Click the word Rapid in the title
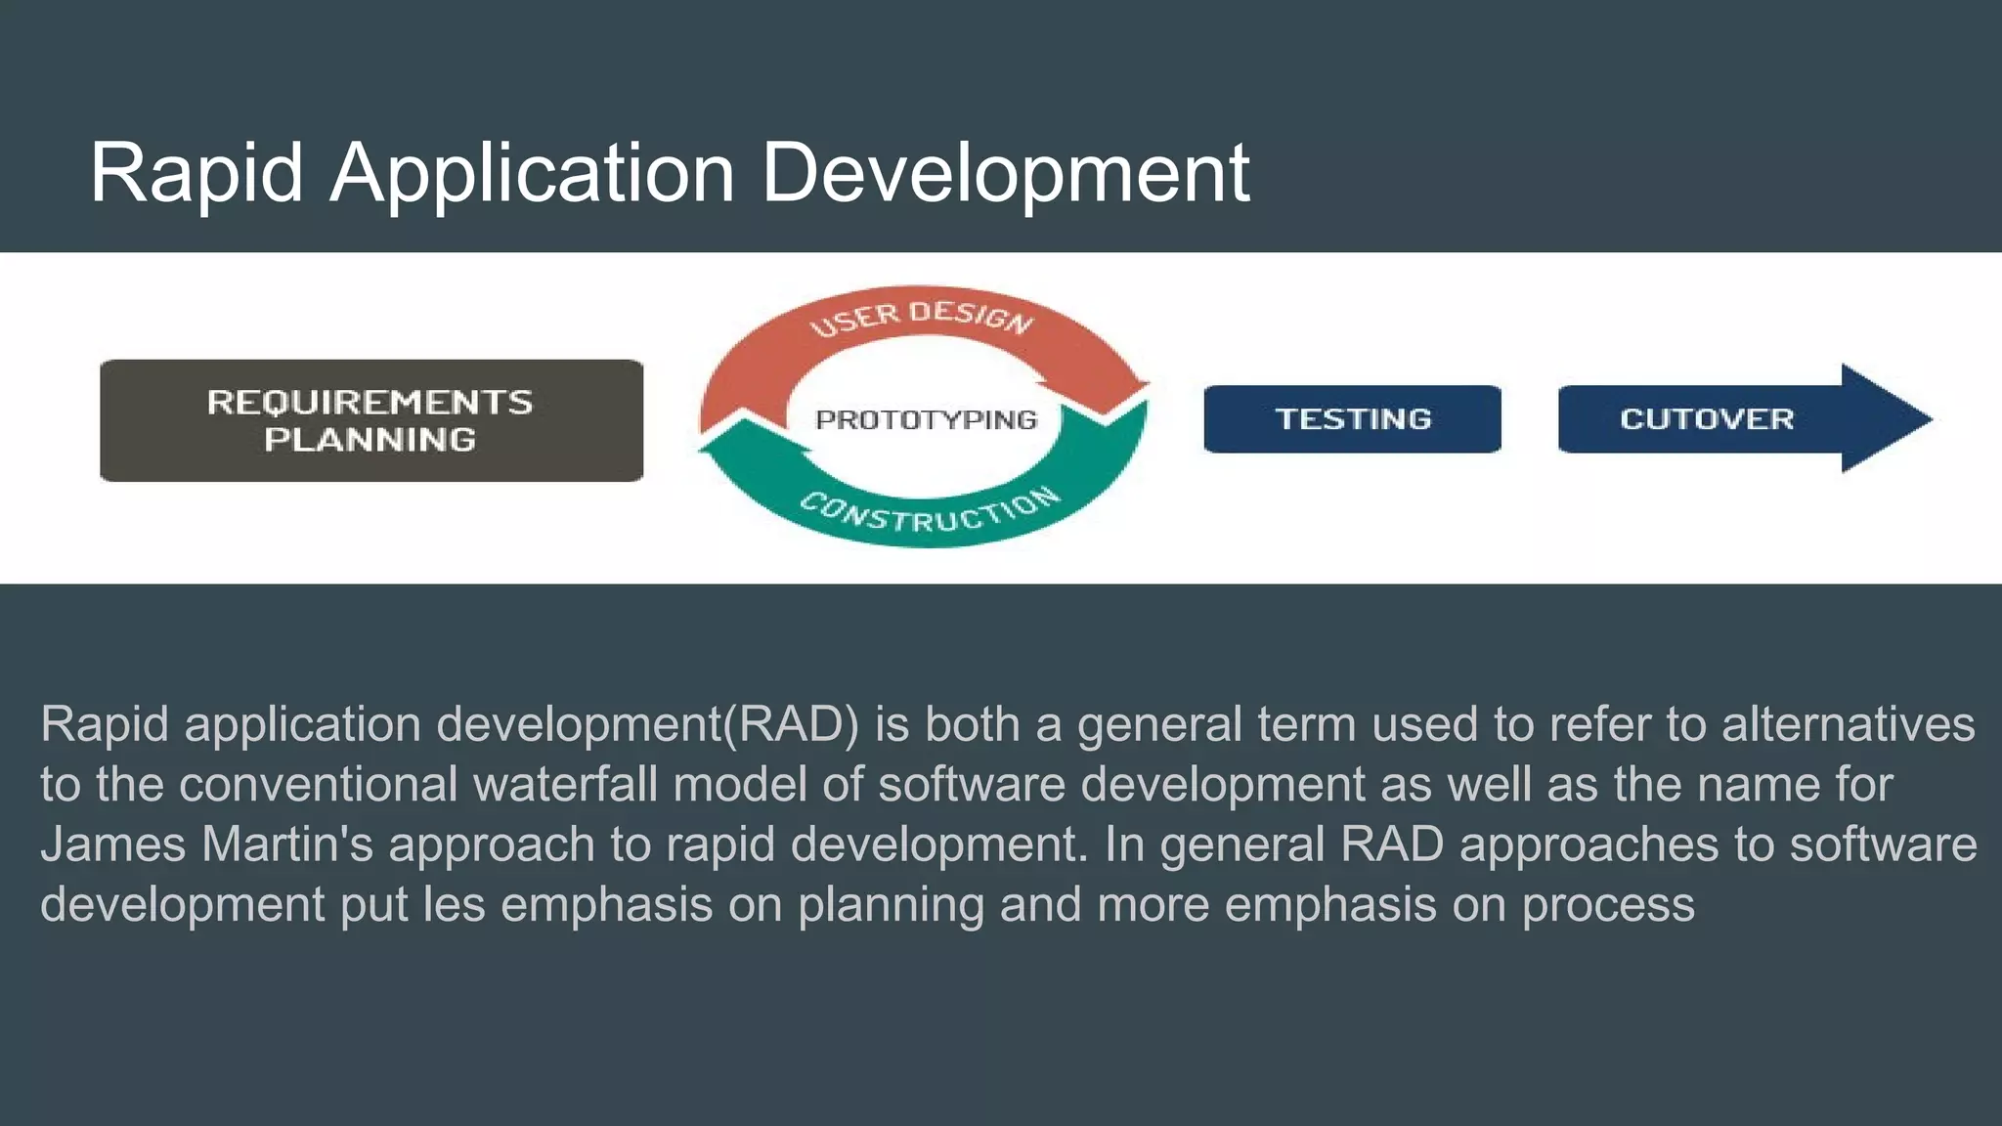pos(196,173)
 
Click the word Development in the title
pos(1005,173)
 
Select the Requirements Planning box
pos(370,420)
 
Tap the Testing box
pos(1352,419)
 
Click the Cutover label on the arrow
pos(1707,419)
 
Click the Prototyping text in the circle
pos(926,420)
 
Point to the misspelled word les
pos(454,904)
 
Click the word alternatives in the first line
pos(1848,725)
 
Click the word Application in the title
pos(532,173)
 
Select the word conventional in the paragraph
pos(319,785)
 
